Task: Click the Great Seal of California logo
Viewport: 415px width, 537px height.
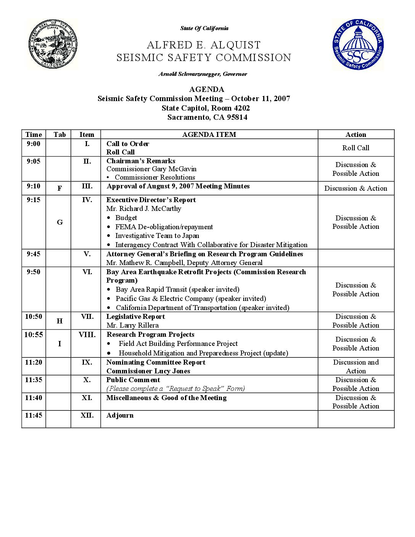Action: [52, 44]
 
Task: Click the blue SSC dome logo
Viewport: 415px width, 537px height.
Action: [358, 45]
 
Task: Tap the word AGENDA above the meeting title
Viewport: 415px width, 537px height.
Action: [206, 89]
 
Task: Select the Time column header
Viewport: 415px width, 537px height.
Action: [34, 134]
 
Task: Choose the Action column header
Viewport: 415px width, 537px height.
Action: [355, 134]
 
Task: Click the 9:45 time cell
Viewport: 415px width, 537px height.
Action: [34, 254]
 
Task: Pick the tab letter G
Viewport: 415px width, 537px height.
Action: [60, 222]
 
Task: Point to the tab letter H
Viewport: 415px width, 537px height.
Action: [60, 321]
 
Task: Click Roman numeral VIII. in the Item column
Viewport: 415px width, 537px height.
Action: [87, 334]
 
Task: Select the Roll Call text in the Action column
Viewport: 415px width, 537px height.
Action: [355, 148]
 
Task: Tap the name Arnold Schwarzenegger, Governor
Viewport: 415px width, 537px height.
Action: [203, 74]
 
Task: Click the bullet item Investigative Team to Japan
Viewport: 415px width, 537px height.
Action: [157, 236]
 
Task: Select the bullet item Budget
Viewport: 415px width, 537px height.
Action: [126, 218]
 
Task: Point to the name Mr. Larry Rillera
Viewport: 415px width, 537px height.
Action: [132, 325]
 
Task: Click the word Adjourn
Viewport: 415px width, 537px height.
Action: [120, 415]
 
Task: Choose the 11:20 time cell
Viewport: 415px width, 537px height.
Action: [34, 362]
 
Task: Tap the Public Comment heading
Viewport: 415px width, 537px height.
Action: [133, 380]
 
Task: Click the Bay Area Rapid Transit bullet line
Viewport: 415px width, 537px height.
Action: [177, 289]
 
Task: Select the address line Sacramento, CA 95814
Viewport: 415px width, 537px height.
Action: [207, 117]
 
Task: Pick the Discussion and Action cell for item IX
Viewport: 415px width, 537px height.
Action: [355, 367]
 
